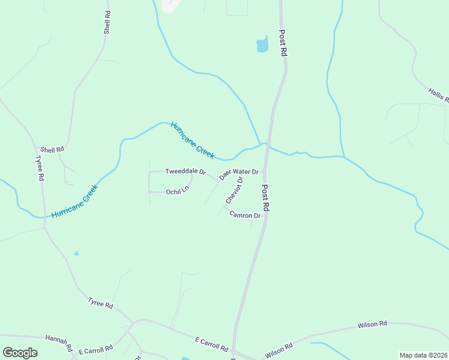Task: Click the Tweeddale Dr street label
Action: pos(185,172)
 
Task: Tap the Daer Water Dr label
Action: pos(239,174)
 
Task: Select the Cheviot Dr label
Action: pos(235,190)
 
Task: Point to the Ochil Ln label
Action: pos(177,191)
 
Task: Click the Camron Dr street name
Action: pos(245,215)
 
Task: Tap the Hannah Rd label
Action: pos(59,343)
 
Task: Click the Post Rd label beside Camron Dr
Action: pos(266,197)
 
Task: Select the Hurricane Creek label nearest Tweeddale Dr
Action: pos(192,140)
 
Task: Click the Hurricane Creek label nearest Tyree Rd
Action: pos(74,201)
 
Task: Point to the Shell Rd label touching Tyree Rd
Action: pos(52,149)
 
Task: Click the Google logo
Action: pos(20,353)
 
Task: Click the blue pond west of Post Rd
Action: pos(262,44)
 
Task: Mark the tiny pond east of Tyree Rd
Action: pos(76,253)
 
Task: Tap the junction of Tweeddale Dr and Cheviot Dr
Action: pos(218,180)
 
